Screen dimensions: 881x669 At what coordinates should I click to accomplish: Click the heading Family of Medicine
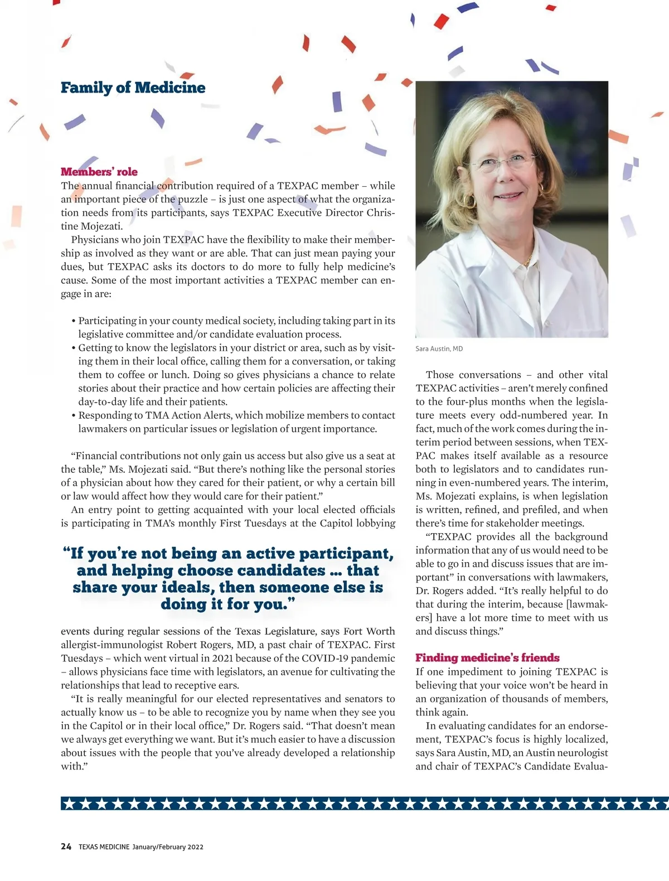[x=133, y=88]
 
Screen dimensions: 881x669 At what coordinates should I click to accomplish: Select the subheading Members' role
[x=99, y=172]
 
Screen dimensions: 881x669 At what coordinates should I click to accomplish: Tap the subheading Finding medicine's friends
[x=487, y=658]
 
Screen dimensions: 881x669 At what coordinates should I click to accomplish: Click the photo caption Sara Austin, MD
[x=439, y=348]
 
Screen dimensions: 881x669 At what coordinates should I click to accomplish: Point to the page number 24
[x=66, y=846]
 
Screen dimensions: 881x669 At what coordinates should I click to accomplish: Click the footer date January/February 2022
[x=168, y=847]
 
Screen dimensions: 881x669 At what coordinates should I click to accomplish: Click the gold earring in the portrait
[x=540, y=190]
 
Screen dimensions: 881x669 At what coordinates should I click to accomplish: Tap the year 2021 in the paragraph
[x=223, y=659]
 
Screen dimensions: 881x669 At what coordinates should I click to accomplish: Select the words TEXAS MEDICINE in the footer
[x=104, y=847]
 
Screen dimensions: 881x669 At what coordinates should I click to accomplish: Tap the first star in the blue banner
[x=69, y=803]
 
